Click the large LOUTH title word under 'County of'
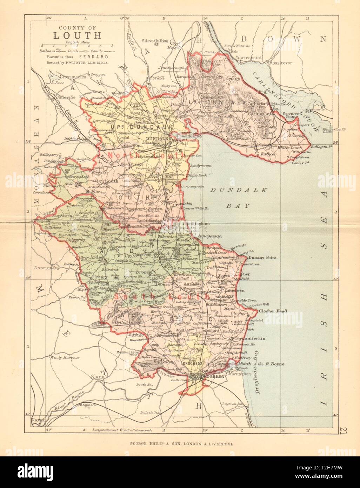[77, 35]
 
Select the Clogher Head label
[273, 311]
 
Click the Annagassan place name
[210, 237]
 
